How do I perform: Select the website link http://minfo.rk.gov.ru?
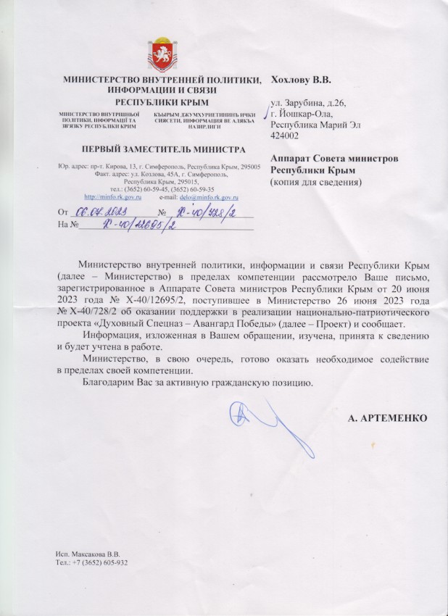pos(113,197)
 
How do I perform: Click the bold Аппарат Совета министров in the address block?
pos(333,157)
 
